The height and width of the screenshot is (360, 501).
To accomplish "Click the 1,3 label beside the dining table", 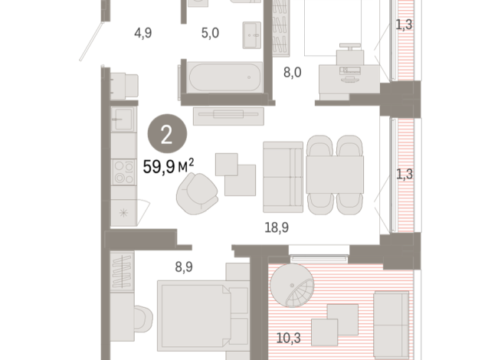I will click(404, 175).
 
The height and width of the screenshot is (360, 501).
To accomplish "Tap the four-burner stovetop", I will click(123, 172).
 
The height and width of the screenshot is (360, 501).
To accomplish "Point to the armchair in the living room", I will click(196, 193).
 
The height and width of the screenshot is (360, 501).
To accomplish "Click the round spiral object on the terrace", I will click(297, 286).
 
